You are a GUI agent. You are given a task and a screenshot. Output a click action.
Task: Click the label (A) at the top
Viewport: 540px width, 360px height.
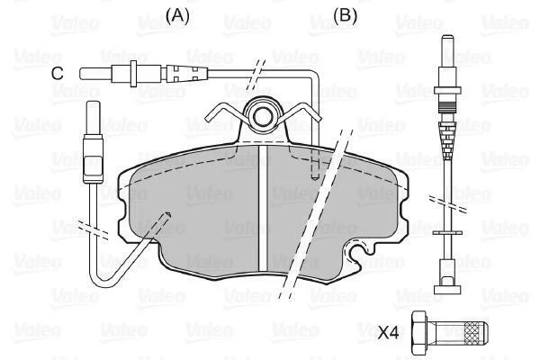point(177,15)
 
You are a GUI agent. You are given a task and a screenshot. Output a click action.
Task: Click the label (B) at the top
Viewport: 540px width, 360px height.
point(345,15)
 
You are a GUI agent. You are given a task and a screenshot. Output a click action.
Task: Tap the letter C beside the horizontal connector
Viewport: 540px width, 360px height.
point(58,74)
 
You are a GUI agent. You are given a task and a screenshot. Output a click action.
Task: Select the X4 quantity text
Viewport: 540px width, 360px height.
point(388,333)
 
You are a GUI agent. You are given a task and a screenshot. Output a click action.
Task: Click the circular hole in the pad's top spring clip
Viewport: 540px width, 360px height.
point(263,117)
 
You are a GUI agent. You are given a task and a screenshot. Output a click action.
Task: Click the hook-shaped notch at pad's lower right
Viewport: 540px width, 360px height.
point(360,253)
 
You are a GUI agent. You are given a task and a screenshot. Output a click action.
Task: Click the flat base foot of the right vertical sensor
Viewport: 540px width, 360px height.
point(447,290)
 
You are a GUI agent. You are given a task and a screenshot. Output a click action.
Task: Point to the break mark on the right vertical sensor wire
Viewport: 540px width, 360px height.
point(447,204)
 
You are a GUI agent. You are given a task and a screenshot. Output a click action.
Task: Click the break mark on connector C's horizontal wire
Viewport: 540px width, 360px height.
point(256,73)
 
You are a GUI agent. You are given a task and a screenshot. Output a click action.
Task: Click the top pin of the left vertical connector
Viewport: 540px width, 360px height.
point(93,118)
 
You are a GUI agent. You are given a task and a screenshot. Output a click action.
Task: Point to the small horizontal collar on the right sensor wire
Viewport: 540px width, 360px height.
point(447,233)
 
